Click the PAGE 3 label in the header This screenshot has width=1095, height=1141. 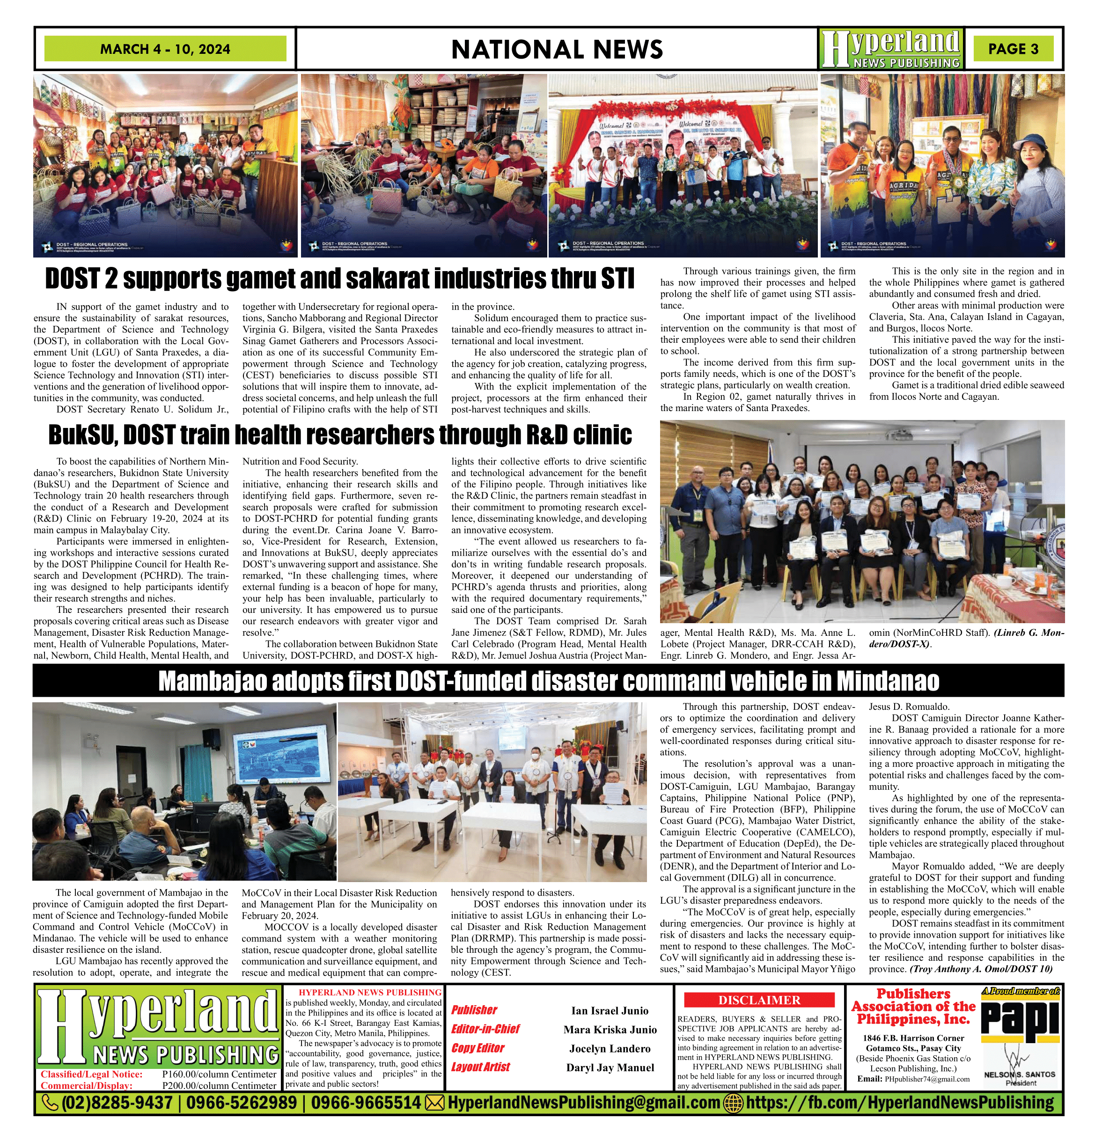[x=1013, y=49]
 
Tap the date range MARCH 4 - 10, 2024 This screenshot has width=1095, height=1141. [x=165, y=49]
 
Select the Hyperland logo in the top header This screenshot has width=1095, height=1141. [x=891, y=49]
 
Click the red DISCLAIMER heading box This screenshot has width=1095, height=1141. [x=759, y=1000]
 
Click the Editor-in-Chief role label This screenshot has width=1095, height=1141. [x=485, y=1029]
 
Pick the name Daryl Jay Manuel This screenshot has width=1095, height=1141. [x=610, y=1067]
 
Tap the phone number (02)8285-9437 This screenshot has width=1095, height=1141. [x=117, y=1103]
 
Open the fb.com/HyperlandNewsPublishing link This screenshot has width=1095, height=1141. [x=899, y=1103]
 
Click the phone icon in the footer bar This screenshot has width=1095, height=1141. [x=51, y=1103]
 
